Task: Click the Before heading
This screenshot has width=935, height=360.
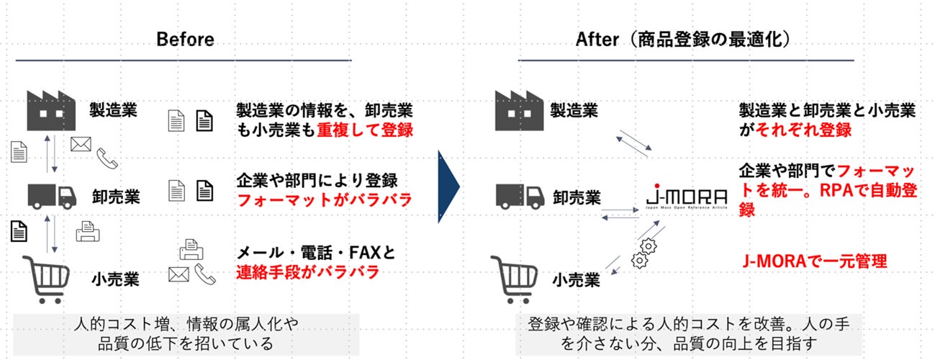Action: [185, 39]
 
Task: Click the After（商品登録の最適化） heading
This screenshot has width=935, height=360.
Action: [684, 39]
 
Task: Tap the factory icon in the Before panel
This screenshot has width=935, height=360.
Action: [51, 109]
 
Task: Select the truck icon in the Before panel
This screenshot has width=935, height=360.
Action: [53, 195]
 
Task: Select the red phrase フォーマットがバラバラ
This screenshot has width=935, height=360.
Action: [324, 199]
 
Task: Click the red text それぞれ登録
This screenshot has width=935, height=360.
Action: [805, 130]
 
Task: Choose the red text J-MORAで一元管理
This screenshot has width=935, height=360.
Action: [814, 261]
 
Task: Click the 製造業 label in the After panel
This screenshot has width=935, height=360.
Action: [574, 110]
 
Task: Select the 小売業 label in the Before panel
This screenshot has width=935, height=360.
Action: [115, 277]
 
